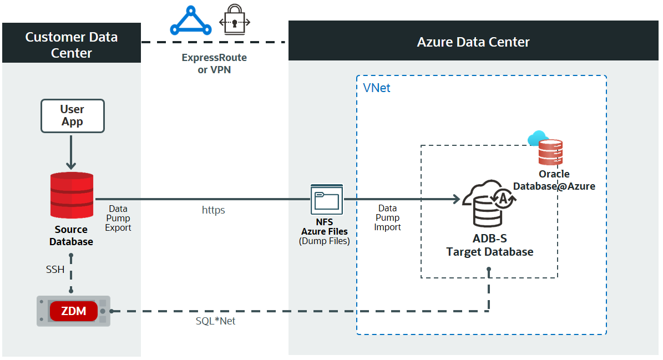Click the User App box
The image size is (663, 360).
72,116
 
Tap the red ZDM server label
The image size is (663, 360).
73,311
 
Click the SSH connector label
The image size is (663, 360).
55,270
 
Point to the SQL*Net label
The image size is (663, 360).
212,321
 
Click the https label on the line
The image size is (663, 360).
213,210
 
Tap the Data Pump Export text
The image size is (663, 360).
118,218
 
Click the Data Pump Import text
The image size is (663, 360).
387,217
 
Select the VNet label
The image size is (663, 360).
377,88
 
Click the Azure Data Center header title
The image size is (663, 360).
473,42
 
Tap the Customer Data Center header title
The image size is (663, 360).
71,45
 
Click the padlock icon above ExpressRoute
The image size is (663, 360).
235,22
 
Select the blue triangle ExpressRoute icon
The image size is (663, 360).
190,22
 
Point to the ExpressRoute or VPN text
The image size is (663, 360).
214,64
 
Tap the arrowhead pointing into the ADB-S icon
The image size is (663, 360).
456,199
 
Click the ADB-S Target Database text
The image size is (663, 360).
490,245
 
